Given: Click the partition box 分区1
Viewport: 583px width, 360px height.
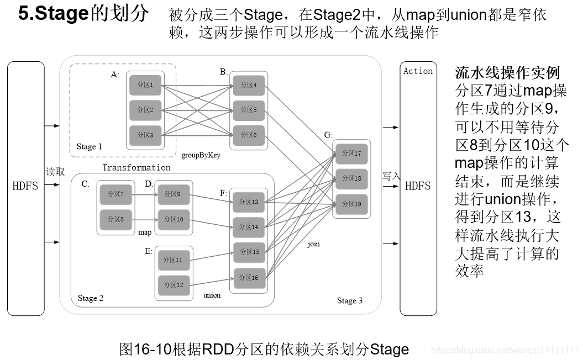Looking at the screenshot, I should click(x=145, y=85).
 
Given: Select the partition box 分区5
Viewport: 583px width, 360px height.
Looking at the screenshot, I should click(x=248, y=110).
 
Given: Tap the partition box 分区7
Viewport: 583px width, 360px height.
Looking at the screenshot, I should click(x=115, y=194).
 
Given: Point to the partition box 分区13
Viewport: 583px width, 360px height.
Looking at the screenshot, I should click(x=248, y=202).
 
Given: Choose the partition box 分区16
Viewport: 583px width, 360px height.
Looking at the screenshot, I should click(x=248, y=278).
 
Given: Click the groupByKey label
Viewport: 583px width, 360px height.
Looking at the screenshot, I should click(x=201, y=155).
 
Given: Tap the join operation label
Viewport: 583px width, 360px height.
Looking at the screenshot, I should click(x=313, y=243).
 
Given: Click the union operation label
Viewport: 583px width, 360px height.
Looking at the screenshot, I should click(x=212, y=295).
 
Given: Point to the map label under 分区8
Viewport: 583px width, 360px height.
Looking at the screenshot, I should click(x=145, y=232).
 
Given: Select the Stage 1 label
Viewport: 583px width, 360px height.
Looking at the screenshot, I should click(x=90, y=146).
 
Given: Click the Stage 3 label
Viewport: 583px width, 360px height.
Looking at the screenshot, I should click(x=350, y=300).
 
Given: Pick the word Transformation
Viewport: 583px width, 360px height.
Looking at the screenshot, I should click(x=136, y=167).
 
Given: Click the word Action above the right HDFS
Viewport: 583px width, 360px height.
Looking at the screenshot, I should click(x=418, y=71).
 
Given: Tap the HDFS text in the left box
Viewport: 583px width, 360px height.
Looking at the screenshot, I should click(x=25, y=186).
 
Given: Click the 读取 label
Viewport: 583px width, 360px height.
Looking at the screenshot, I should click(x=55, y=172).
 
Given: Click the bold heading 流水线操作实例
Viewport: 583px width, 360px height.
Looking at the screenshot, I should click(x=507, y=72).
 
